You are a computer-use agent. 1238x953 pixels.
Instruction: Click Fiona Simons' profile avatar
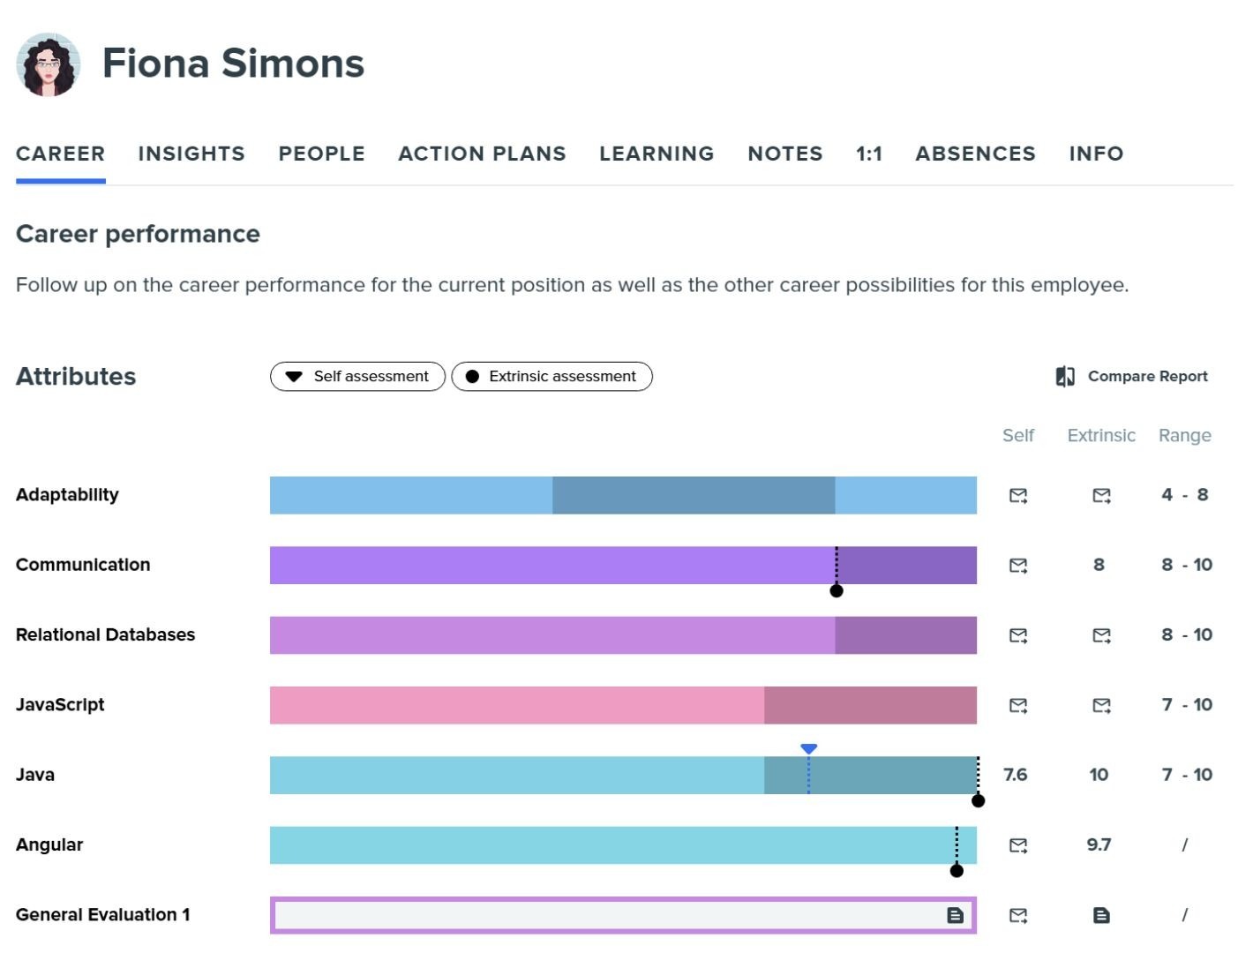49,64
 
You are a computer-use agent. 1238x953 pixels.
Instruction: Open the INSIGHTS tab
191,154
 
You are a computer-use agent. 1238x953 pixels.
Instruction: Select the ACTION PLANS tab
482,154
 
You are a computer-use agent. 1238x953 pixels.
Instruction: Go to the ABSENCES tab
975,154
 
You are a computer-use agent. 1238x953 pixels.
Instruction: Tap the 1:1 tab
868,154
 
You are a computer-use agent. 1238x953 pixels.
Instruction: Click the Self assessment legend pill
357,376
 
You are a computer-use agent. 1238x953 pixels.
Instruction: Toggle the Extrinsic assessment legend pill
551,376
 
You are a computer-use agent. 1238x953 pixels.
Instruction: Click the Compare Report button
1131,376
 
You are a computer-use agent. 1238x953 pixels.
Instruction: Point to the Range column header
1184,435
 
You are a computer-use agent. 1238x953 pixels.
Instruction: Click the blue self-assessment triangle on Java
808,749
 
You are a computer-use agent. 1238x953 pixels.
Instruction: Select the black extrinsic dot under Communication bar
837,590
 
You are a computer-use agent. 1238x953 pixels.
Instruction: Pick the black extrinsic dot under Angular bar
957,871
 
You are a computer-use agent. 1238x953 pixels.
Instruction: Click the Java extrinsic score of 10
1099,775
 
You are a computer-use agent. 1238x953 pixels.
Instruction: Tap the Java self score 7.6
1016,775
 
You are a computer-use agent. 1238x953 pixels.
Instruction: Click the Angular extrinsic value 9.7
1099,844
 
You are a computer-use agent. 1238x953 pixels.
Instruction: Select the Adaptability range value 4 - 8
1184,495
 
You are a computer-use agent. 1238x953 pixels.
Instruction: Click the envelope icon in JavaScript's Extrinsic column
1101,705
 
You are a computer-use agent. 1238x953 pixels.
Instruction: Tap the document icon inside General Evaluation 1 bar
955,915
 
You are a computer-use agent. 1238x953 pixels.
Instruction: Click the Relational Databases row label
105,634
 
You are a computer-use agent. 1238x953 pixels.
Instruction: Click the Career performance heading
138,234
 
